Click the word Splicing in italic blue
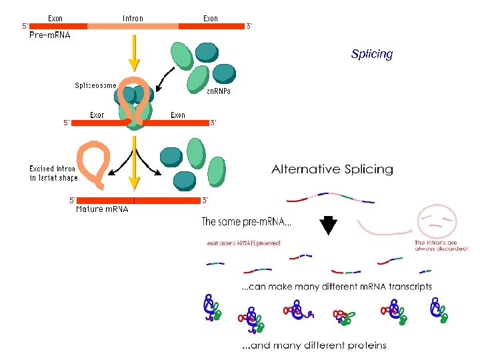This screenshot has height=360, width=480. pos(371,54)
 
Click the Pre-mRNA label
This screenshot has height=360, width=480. pos(50,35)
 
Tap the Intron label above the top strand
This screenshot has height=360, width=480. pos(133,18)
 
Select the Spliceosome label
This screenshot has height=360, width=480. pos(95,85)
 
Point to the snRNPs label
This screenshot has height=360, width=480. pos(218,91)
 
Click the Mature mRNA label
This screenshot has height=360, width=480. pos(102,209)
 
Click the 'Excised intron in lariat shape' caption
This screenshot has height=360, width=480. pos(53,173)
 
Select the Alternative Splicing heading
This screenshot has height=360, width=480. pos(332,169)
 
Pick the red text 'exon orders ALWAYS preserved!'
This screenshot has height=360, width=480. pos(243,243)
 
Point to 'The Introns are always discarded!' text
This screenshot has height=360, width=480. pos(441,245)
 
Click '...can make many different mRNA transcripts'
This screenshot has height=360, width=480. pos(336,287)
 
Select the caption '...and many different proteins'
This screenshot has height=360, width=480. pos(313,345)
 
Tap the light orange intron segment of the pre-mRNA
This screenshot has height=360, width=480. pos(133,26)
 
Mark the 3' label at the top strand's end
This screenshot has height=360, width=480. pos(249,26)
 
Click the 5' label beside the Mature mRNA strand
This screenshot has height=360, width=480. pos(72,199)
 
